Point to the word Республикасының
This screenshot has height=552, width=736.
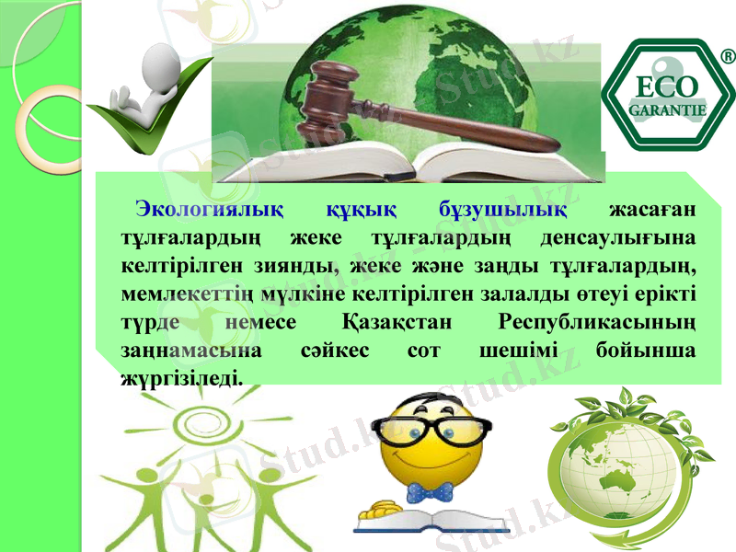(594, 323)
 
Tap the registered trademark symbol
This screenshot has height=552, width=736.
(726, 57)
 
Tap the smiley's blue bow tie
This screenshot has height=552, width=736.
(432, 492)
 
